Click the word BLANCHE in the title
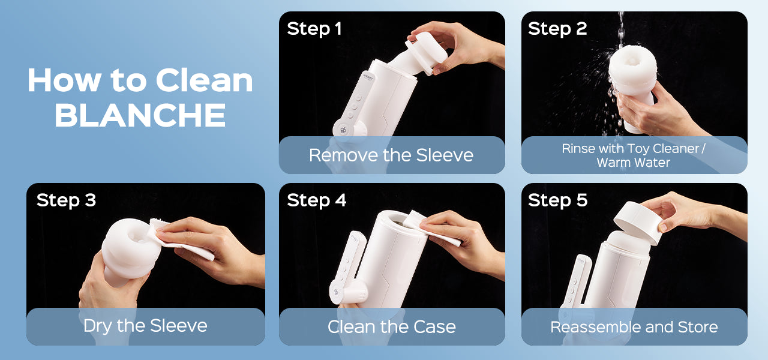click(140, 115)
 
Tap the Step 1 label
click(314, 29)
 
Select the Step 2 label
click(557, 29)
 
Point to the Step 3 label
click(66, 200)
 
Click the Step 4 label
click(316, 200)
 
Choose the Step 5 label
click(558, 200)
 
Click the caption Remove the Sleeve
click(391, 155)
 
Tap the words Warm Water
click(633, 163)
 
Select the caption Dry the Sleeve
click(145, 326)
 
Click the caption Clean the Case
click(392, 326)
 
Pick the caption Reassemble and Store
click(634, 327)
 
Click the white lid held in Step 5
click(638, 222)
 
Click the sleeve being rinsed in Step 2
click(633, 86)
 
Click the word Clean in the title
click(205, 80)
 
